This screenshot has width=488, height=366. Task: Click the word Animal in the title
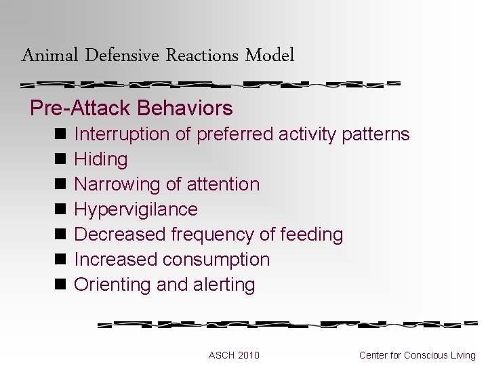[x=50, y=56]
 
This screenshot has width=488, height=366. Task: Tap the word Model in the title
[x=270, y=56]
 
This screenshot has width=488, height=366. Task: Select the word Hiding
[x=100, y=159]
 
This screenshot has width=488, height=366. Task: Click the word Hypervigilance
[x=136, y=209]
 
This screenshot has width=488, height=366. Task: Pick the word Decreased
[x=120, y=235]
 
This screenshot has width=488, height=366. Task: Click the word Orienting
[x=113, y=285]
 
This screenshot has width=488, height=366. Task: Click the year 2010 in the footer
[x=248, y=355]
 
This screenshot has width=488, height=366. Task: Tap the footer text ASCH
[x=222, y=355]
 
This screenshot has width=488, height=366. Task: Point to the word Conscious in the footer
[x=429, y=355]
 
